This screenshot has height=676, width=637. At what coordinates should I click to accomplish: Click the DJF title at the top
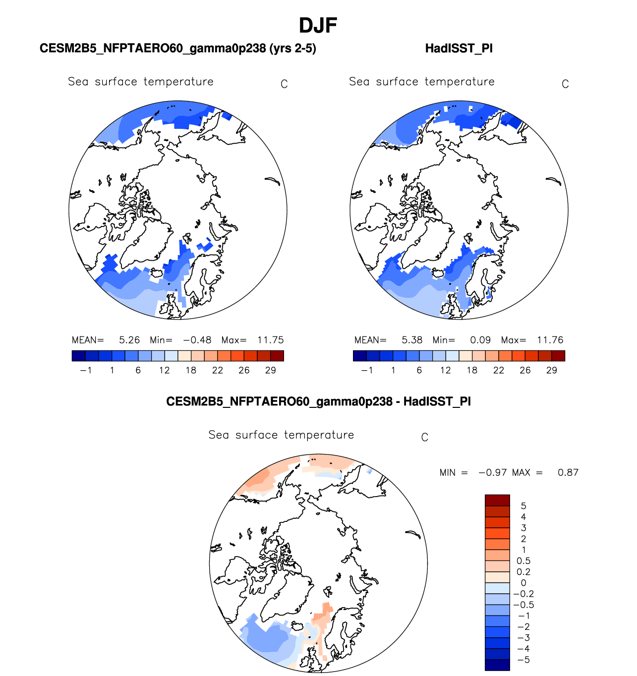tap(318, 25)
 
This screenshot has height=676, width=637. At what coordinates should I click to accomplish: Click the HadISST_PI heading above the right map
tap(459, 49)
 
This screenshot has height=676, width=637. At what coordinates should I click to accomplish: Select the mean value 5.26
tap(129, 340)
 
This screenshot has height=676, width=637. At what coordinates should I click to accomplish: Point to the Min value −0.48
tap(197, 340)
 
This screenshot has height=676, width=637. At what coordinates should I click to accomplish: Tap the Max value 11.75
tap(270, 340)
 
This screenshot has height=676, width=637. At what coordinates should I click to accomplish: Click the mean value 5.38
tap(412, 340)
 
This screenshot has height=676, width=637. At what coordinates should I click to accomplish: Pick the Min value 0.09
tap(480, 340)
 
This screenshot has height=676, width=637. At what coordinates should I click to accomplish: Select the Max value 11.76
tap(550, 340)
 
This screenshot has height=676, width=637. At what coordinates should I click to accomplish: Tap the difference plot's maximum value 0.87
tap(568, 472)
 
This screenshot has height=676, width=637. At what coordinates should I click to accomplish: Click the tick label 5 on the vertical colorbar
tap(523, 506)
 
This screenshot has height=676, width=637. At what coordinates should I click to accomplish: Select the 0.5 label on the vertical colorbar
tap(523, 561)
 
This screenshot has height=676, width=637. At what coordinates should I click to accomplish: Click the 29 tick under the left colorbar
tap(270, 370)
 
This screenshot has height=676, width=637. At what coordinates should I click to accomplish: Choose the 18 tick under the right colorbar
tap(472, 370)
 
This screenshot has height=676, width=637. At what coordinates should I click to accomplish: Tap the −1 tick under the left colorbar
tap(86, 370)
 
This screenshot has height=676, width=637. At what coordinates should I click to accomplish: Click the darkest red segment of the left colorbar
tap(277, 356)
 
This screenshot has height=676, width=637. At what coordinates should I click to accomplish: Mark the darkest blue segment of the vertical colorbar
tap(497, 665)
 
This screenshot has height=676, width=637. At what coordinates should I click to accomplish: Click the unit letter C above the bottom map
tap(424, 437)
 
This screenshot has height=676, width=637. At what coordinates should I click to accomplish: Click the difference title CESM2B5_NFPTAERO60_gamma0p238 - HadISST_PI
tap(318, 401)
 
